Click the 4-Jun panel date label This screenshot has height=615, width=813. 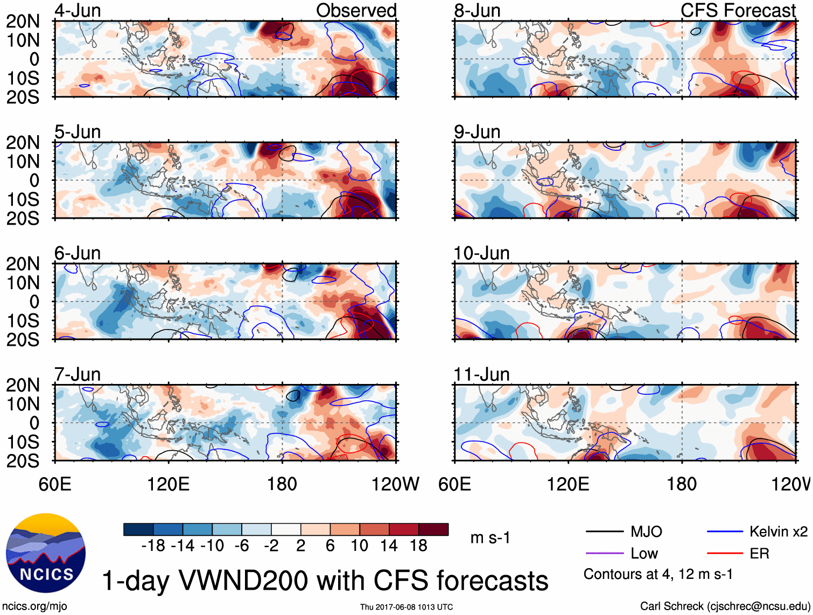[78, 11]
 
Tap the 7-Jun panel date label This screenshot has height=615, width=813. [78, 374]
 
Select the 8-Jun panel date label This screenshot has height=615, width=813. [477, 11]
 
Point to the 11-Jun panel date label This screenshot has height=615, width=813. [481, 374]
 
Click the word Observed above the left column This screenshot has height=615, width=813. [356, 10]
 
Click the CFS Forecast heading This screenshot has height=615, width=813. [738, 10]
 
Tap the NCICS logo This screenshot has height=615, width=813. [45, 553]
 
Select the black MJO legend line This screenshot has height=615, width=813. [604, 532]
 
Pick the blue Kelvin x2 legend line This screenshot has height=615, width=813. [725, 532]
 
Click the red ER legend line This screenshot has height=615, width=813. [725, 553]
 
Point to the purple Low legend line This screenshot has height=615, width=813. [604, 553]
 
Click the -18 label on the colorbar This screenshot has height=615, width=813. [153, 546]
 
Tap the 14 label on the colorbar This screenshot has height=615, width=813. [389, 546]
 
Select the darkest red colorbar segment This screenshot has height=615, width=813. [433, 529]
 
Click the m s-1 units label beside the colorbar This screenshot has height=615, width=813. [490, 537]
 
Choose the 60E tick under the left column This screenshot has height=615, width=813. [55, 484]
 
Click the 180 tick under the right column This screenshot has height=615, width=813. [682, 484]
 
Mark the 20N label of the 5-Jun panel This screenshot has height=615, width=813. [23, 143]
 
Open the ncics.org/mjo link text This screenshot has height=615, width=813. [34, 606]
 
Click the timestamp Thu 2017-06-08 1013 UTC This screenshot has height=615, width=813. [407, 607]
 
